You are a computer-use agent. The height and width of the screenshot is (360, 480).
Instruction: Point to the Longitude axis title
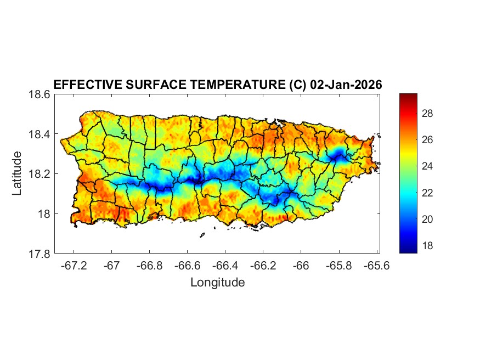[217, 283]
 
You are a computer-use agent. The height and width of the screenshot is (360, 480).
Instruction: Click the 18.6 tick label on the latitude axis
[39, 94]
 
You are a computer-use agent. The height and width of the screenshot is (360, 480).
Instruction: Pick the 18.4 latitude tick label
[39, 134]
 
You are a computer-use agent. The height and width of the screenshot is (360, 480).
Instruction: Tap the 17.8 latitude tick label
[39, 254]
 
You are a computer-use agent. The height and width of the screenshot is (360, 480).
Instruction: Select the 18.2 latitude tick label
[39, 174]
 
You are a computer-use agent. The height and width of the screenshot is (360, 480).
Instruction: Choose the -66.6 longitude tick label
[187, 266]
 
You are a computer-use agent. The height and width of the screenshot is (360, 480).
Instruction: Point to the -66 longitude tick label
[301, 266]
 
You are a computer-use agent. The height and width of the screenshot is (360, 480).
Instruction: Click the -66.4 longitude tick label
[225, 266]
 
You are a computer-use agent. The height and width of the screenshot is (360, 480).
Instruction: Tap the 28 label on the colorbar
[428, 114]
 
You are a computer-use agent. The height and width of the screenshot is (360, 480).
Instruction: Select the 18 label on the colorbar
[428, 246]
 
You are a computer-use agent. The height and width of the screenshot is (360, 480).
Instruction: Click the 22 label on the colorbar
[428, 193]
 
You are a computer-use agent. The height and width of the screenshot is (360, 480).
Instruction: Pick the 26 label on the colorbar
[428, 140]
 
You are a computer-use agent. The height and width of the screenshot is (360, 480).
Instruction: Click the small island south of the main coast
[202, 235]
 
